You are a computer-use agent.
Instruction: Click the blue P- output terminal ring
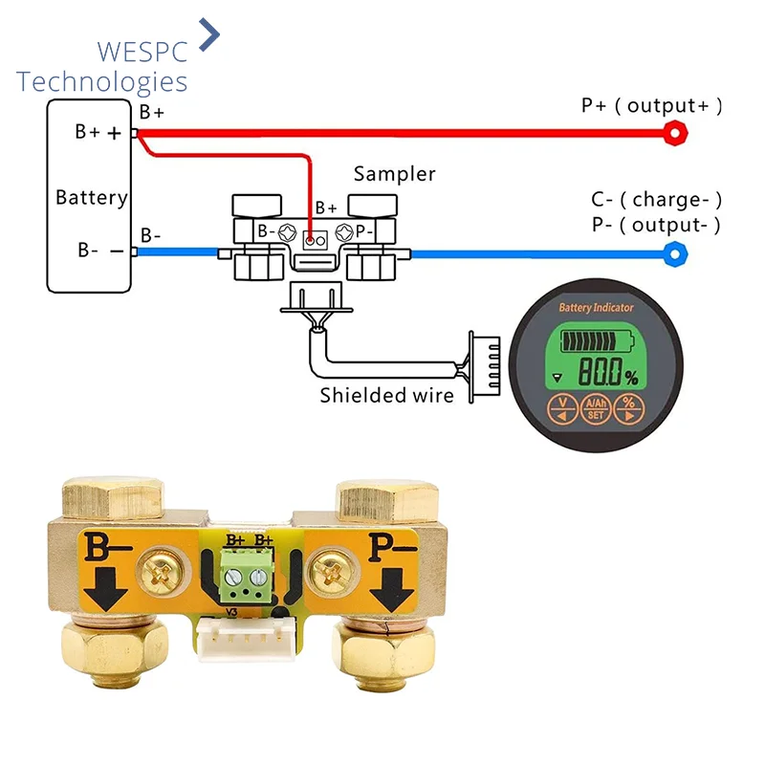(677, 254)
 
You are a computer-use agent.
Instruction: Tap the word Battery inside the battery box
(91, 198)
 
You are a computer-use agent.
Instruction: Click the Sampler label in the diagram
(394, 174)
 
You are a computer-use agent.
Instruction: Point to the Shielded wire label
(386, 394)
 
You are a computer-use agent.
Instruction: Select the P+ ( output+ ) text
(651, 106)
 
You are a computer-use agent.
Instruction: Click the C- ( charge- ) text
(656, 200)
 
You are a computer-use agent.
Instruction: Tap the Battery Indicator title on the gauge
(596, 308)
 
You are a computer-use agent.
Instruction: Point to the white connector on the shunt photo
(244, 638)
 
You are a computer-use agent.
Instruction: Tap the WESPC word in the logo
(142, 51)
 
